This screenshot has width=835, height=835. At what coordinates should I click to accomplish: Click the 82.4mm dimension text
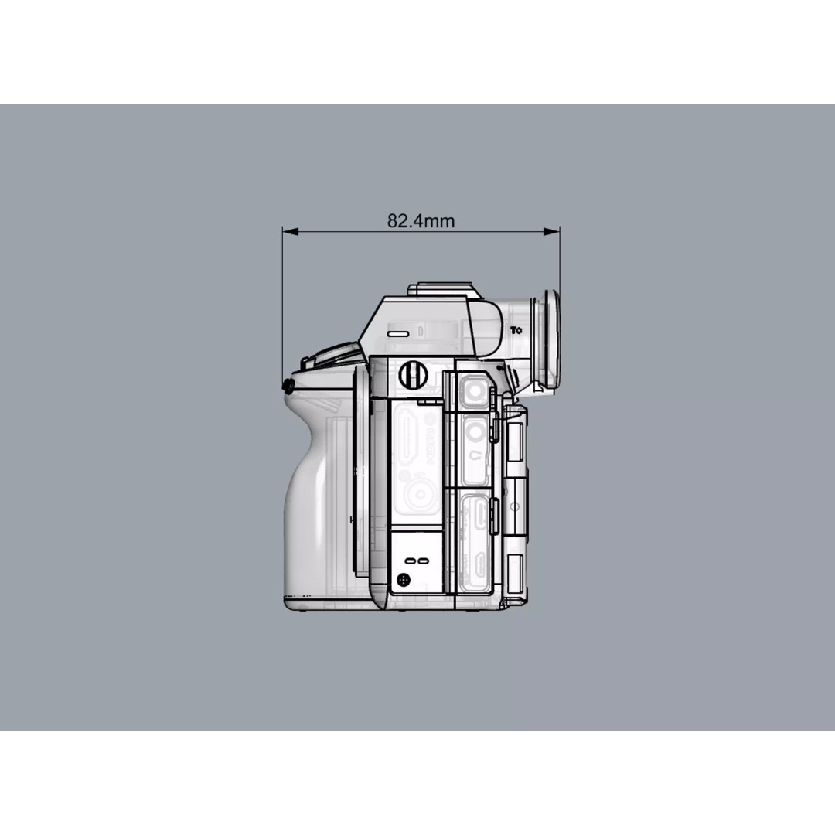click(x=421, y=221)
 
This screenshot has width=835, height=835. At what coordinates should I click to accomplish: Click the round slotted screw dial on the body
click(x=413, y=376)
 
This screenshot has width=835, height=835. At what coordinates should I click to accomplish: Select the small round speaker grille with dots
click(x=403, y=579)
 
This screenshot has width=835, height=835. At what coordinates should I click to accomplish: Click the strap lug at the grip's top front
click(x=289, y=384)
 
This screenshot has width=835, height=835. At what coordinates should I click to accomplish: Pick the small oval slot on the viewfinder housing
click(x=398, y=333)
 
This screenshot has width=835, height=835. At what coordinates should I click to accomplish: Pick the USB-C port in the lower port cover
click(x=479, y=512)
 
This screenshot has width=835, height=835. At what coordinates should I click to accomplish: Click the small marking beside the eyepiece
click(x=516, y=330)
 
